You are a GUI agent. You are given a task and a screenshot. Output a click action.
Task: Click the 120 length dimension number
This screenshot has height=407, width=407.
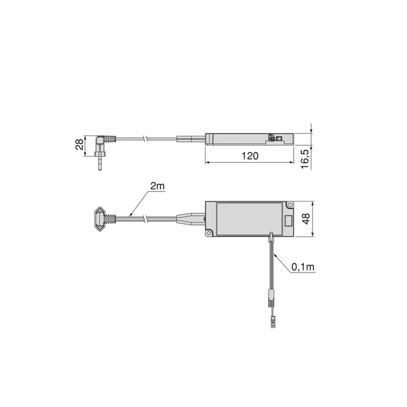coord(250,156)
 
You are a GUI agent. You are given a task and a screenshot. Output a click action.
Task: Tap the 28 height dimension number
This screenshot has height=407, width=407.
coord(79,144)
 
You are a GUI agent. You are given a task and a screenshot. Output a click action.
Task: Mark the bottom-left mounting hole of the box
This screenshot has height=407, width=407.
coord(210,234)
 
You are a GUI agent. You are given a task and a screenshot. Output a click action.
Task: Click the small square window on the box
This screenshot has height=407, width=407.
coord(288,220)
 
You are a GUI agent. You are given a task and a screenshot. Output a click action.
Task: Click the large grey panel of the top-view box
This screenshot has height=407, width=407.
coord(248,219)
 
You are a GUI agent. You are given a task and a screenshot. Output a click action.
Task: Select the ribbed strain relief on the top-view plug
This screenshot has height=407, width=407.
coord(113,219)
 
